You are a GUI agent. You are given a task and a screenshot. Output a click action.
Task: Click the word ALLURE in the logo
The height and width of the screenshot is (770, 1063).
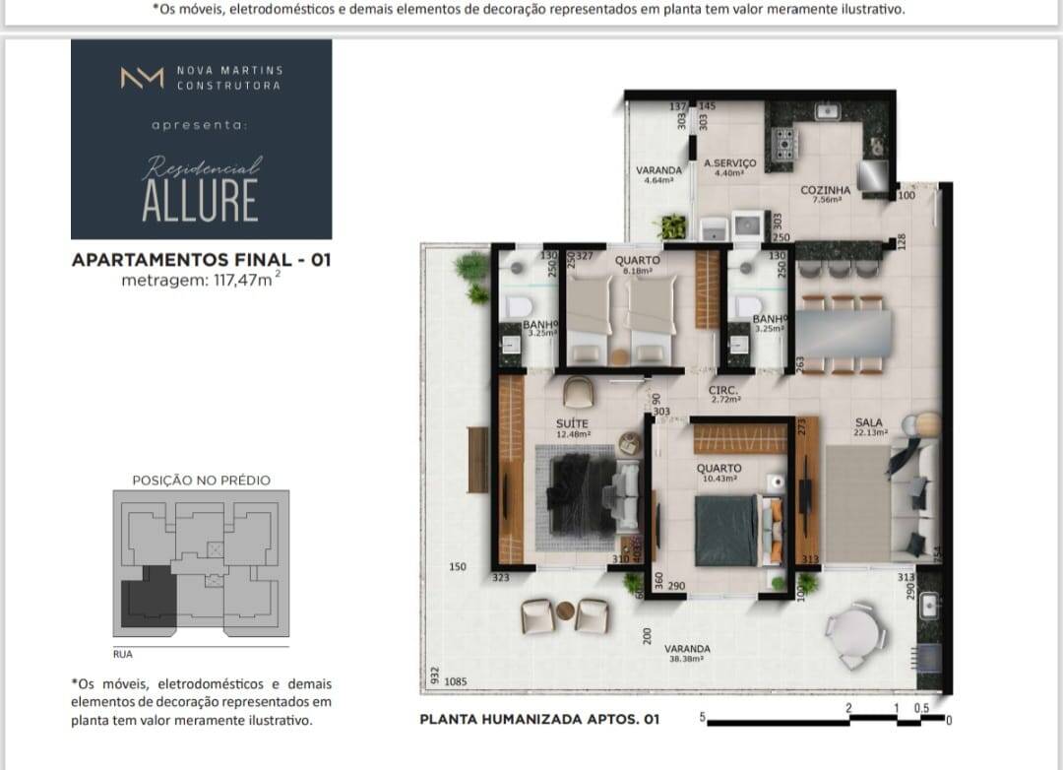point(200,201)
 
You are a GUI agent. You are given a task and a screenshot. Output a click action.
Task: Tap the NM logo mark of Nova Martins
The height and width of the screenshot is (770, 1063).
point(142,78)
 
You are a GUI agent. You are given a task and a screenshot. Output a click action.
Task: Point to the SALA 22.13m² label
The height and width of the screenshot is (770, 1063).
point(869,426)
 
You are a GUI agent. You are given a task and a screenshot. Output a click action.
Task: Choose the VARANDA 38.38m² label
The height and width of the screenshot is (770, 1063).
point(687,653)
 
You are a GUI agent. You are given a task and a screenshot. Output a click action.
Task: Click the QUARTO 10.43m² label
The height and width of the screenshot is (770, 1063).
point(719,473)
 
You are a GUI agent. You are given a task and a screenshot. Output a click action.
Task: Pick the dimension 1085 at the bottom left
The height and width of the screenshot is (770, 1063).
point(455,680)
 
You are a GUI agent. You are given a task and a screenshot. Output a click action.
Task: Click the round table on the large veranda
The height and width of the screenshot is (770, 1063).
point(849,626)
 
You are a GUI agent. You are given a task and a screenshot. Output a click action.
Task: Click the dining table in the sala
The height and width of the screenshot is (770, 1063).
point(843,335)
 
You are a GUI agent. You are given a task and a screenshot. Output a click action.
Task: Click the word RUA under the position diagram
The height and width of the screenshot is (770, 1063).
point(123,653)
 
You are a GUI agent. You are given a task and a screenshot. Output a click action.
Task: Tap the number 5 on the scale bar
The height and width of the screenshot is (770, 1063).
point(703,716)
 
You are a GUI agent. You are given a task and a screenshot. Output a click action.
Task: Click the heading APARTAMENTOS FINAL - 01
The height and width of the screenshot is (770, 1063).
point(201,261)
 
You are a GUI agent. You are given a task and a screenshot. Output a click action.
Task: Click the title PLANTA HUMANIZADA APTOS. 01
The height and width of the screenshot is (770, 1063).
point(539,720)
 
